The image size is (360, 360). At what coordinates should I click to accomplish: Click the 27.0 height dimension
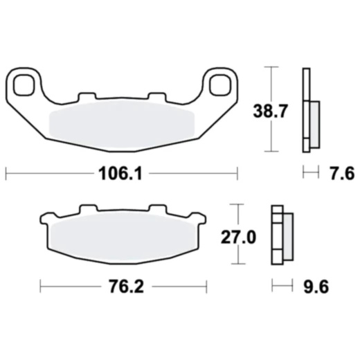pyautogui.click(x=238, y=237)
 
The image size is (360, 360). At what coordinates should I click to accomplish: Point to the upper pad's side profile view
pyautogui.click(x=309, y=111)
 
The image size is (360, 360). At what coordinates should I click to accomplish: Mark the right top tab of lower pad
pyautogui.click(x=157, y=209)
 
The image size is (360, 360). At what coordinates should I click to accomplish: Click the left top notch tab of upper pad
pyautogui.click(x=87, y=97)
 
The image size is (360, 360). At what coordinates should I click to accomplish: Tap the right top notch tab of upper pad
pyautogui.click(x=155, y=97)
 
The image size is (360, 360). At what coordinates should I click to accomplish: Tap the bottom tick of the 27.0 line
pyautogui.click(x=238, y=264)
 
